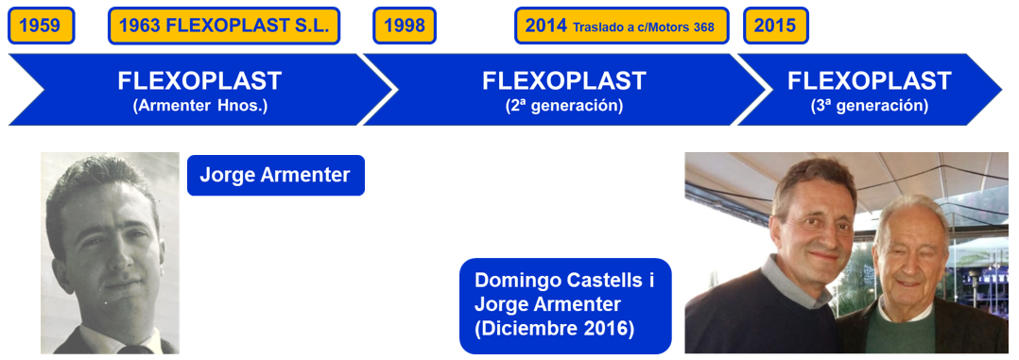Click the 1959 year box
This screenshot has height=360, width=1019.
pos(42,26)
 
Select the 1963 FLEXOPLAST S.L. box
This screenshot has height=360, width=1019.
pos(224,26)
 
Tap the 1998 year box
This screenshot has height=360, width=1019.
pos(405,26)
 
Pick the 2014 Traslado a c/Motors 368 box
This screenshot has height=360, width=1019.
pos(623,26)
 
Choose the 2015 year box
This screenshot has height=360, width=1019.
pos(775,26)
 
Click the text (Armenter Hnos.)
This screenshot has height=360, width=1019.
pos(200,106)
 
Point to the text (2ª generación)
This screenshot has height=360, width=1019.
pos(564,106)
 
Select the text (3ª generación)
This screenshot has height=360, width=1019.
pos(870,106)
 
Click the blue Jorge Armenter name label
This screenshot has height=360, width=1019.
pos(275,175)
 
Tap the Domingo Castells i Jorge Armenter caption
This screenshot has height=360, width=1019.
pos(564,293)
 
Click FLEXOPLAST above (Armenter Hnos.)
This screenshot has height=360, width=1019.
pos(200,81)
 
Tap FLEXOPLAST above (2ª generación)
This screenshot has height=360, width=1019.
pos(564,81)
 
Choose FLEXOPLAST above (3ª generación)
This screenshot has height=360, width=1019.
pos(870,81)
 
